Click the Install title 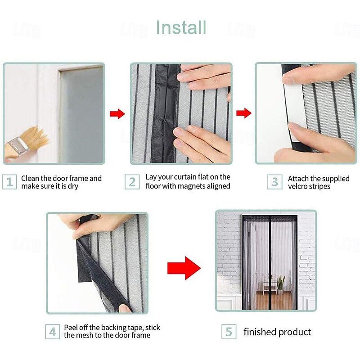(x=181, y=27)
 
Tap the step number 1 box (x=9, y=182)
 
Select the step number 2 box (x=132, y=182)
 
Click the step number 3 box (x=275, y=182)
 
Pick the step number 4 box (x=53, y=332)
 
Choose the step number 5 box (x=229, y=332)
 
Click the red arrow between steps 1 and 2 (x=117, y=114)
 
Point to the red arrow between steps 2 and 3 (x=244, y=113)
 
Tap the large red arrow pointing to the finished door (x=184, y=268)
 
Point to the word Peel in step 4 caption (x=71, y=328)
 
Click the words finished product (x=277, y=332)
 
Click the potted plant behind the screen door (x=280, y=285)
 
